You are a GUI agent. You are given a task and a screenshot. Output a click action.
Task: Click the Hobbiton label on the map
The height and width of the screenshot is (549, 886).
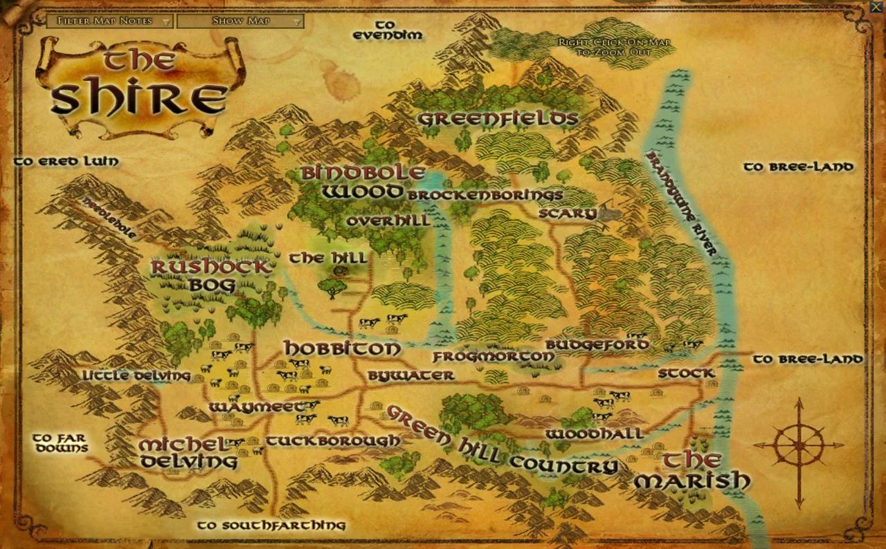point(342,348)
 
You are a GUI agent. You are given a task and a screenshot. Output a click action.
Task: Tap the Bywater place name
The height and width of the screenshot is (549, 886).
point(410,375)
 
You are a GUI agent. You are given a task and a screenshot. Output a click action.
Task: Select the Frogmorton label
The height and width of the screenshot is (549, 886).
point(493,357)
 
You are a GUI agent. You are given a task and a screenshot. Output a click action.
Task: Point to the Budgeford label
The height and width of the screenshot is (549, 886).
point(597,344)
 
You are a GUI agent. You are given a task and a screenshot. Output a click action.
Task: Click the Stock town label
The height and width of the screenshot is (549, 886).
point(686,373)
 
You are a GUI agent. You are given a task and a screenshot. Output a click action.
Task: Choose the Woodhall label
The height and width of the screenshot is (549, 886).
point(594,434)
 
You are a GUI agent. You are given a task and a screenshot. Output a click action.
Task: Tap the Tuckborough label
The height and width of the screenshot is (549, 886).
point(333,440)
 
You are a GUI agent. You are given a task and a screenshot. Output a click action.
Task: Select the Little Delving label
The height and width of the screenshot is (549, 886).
point(136,375)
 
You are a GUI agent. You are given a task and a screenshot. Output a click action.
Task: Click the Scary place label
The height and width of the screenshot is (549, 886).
point(568,214)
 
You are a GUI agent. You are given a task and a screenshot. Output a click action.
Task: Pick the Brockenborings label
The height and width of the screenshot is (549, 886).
point(485,195)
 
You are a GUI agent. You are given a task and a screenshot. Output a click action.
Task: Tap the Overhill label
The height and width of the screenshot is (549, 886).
point(388,221)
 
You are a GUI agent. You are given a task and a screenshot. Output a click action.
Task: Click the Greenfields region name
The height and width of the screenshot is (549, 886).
point(498,119)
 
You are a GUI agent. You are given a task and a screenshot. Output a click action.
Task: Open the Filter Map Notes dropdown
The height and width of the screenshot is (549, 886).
point(110,21)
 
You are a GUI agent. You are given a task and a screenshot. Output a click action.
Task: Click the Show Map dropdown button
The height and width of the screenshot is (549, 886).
point(240,21)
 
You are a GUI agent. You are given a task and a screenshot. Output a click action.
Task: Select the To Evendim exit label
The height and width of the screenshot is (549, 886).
point(388,30)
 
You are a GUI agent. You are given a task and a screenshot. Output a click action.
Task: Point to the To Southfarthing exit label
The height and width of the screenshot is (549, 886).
point(271,525)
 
